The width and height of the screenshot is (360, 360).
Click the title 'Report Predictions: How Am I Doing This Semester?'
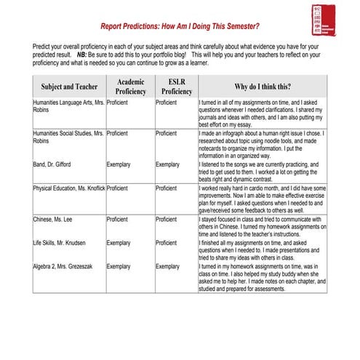[180, 26]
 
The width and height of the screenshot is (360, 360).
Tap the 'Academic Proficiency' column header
[130, 87]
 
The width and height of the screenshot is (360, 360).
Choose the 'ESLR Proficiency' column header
[177, 87]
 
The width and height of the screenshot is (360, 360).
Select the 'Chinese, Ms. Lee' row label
[53, 218]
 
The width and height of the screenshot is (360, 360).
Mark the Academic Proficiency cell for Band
[119, 165]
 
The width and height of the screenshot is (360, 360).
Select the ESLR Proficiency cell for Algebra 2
[168, 267]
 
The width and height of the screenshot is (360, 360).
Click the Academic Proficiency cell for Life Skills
[119, 242]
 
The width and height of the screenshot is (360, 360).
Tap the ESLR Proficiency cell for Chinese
[167, 218]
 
